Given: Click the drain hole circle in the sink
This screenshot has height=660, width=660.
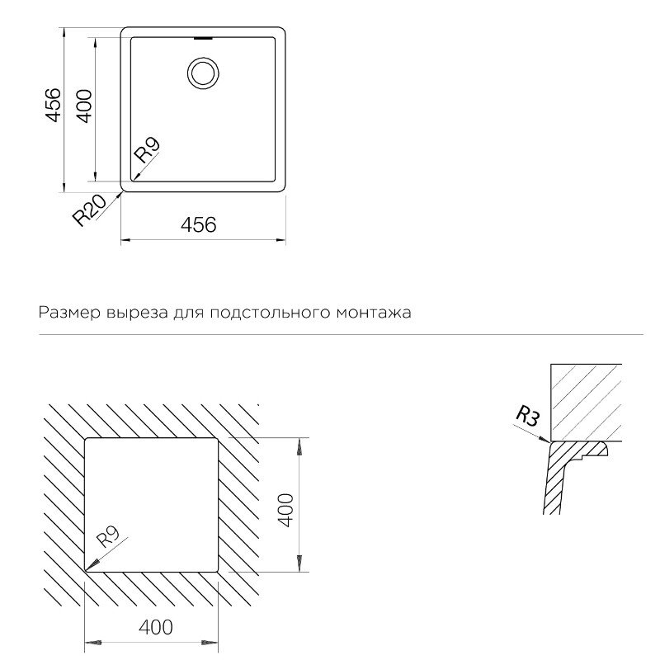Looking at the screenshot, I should tap(202, 72).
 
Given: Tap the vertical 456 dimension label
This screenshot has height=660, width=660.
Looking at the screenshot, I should tap(53, 105).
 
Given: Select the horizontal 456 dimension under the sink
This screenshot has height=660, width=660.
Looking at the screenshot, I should tap(198, 224).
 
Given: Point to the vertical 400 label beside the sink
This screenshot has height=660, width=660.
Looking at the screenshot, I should tap(83, 106).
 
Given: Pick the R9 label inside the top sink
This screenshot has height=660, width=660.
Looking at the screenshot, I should tap(148, 150).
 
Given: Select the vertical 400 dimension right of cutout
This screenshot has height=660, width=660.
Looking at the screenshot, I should tap(285, 511).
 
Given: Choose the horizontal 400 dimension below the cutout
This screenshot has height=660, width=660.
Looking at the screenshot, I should tap(156, 628).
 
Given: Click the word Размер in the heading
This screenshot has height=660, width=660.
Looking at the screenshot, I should tap(65, 313).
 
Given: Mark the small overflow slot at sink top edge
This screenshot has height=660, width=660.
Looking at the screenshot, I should tap(202, 36).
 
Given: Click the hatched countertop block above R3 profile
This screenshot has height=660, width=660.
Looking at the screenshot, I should tap(586, 401).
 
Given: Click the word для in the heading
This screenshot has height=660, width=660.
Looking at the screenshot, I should tap(186, 313).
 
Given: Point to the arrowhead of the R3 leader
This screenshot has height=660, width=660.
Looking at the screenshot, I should tap(548, 442).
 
